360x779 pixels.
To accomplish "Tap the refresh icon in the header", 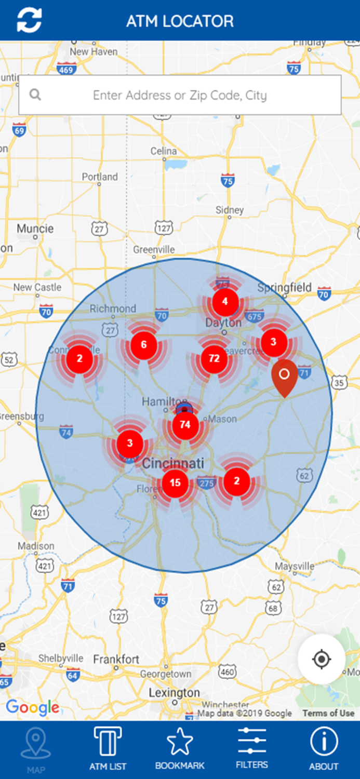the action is coord(29,21).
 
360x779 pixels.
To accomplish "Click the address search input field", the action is coord(180,95).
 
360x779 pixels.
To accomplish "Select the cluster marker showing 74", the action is coord(185,424).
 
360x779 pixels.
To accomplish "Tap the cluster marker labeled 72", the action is coord(214,358).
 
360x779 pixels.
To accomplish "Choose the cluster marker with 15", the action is coord(175,483).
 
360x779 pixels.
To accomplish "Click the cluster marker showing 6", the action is coord(144,344).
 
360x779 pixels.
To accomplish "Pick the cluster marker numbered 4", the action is coord(225,301).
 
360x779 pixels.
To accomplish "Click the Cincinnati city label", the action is coord(173,463).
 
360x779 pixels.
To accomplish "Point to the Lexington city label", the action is coord(174,693).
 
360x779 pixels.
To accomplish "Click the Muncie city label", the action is coord(35,229).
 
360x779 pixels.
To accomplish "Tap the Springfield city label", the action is coord(285,288).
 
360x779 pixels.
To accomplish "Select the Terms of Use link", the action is coord(328,713).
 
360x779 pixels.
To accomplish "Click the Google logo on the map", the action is coord(32,707).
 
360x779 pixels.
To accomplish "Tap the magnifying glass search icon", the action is coord(35,95).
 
